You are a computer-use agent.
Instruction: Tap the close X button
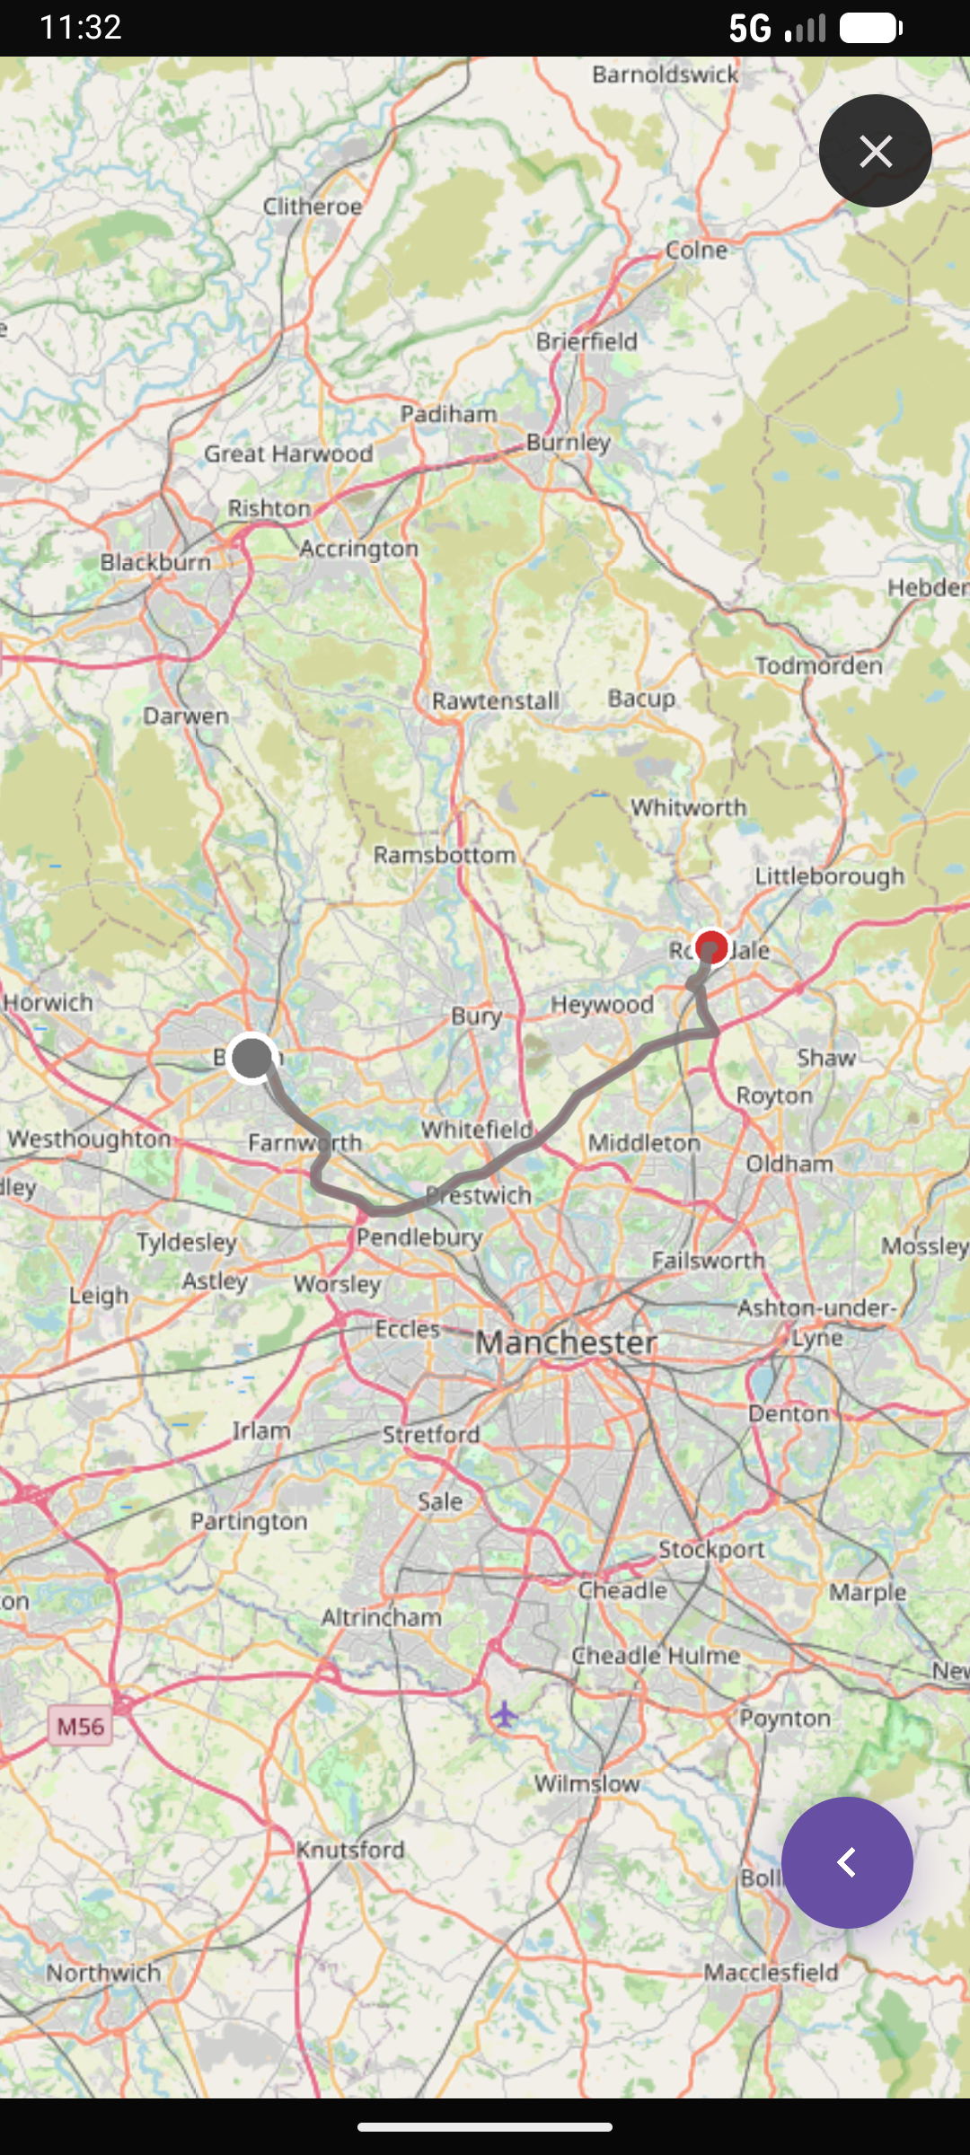pos(875,151)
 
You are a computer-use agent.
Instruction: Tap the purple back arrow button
pos(847,1862)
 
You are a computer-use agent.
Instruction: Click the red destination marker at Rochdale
pos(711,946)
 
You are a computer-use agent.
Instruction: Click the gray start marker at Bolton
pos(251,1059)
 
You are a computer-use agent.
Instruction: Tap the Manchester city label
pos(566,1342)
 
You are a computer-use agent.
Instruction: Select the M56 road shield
pos(81,1726)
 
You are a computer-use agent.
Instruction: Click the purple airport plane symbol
pos(505,1714)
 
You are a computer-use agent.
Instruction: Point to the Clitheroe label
pos(313,207)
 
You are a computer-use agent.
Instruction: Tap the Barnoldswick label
pos(665,75)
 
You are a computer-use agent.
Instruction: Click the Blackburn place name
pos(155,562)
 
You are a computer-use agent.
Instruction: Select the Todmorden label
pos(818,665)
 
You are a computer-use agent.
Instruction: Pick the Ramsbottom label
pos(445,854)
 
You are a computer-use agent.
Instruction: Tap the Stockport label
pos(711,1549)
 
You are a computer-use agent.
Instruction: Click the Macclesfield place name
pos(771,1972)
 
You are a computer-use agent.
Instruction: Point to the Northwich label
pos(104,1973)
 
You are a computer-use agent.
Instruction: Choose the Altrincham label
pos(382,1617)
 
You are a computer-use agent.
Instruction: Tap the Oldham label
pos(789,1164)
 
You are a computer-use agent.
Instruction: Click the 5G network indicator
pos(750,29)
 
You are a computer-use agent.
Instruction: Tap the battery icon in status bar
pos(870,29)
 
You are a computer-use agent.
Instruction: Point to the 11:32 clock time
pos(81,28)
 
